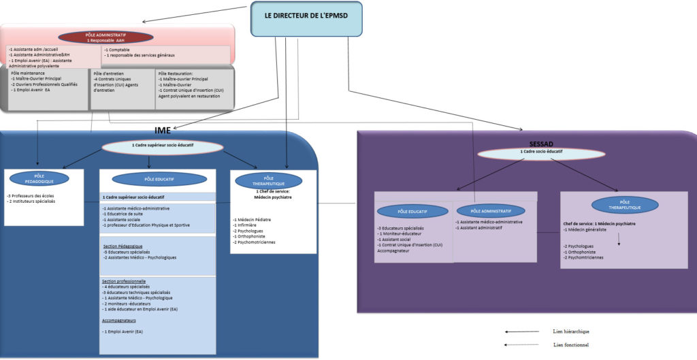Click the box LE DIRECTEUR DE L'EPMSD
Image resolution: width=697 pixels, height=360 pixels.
pos(306,18)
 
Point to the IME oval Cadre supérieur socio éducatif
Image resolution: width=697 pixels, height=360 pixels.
pos(162,146)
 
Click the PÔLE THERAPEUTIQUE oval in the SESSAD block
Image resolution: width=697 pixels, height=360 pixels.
pos(624,204)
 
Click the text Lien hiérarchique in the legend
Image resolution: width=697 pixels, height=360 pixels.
pos(571,331)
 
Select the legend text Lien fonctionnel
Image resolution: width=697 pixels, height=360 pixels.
pos(570,345)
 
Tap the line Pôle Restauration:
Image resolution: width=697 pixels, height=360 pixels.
pos(174,73)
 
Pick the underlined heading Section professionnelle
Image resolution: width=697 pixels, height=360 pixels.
pos(124,281)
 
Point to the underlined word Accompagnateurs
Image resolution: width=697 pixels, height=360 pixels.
pos(119,320)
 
